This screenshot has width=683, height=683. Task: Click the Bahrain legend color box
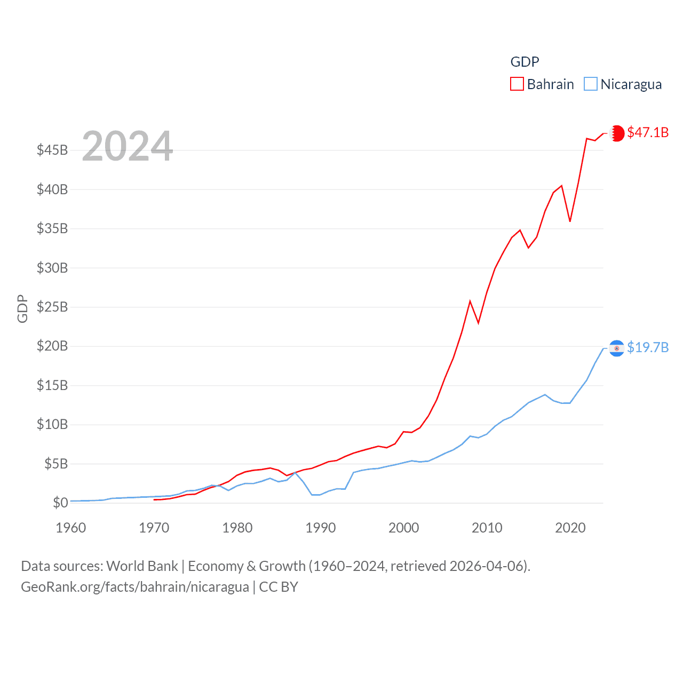click(517, 84)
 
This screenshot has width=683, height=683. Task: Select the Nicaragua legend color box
click(590, 84)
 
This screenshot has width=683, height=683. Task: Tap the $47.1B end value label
click(648, 132)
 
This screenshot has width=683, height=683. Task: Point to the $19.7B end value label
click(648, 347)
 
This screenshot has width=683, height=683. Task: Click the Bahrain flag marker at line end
click(617, 133)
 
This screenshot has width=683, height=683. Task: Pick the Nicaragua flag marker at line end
click(617, 348)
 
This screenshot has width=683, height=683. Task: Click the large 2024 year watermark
click(127, 146)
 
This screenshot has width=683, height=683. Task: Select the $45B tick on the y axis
click(52, 150)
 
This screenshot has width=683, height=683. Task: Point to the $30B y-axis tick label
click(52, 268)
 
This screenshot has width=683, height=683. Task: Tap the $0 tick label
click(60, 503)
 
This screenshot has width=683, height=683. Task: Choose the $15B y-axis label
click(52, 385)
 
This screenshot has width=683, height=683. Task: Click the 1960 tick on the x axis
click(71, 528)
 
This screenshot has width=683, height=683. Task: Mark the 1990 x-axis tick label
click(321, 528)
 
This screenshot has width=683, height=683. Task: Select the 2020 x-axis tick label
click(570, 528)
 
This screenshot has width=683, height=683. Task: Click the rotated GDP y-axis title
click(22, 308)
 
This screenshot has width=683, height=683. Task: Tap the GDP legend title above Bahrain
click(525, 62)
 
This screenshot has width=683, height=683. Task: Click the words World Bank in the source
click(142, 566)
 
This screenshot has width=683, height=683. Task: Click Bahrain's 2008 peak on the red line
click(470, 301)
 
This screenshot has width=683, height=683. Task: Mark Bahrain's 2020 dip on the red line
click(570, 221)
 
